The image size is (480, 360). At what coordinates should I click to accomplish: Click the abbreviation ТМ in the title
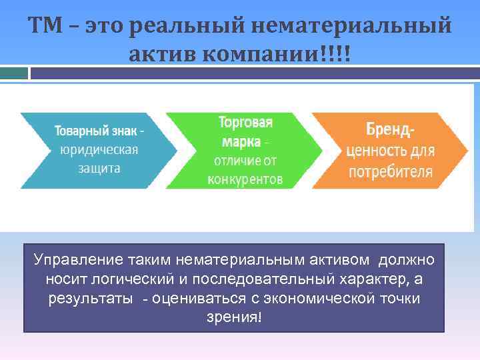tap(45, 26)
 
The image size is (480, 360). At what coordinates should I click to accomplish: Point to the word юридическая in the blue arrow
tap(99, 149)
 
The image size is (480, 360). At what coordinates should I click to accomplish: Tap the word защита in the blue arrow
tap(99, 168)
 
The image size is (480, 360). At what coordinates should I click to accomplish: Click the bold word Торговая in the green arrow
tap(245, 123)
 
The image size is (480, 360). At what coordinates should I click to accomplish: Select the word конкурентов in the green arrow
tap(245, 179)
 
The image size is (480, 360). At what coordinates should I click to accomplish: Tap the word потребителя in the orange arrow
tap(390, 171)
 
